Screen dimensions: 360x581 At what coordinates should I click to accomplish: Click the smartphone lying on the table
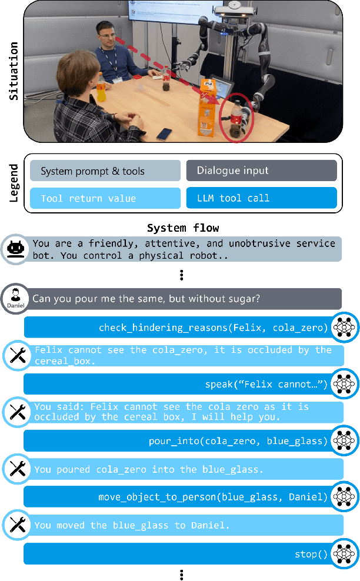click(164, 133)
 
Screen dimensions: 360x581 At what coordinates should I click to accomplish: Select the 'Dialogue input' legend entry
click(261, 171)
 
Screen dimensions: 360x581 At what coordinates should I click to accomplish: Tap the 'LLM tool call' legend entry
click(261, 198)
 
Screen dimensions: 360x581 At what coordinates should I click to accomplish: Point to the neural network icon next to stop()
click(343, 553)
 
